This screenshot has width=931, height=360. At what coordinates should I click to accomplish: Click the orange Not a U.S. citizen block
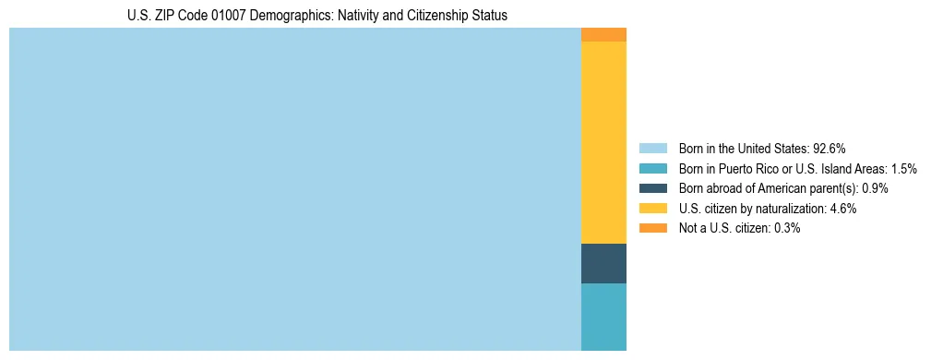click(603, 35)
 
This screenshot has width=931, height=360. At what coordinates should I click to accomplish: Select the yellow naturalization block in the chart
click(603, 142)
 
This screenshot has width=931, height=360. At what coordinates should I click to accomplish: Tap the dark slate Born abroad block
click(603, 263)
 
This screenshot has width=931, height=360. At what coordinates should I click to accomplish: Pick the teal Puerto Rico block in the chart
click(603, 317)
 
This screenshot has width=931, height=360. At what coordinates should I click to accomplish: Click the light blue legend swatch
click(653, 148)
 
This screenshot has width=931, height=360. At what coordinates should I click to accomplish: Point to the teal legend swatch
click(653, 168)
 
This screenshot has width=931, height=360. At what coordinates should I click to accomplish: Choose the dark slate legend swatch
click(653, 188)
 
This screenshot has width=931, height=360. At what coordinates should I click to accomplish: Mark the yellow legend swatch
click(653, 209)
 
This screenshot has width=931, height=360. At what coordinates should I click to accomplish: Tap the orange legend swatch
click(653, 228)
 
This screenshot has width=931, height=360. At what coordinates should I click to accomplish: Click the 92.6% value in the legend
click(830, 148)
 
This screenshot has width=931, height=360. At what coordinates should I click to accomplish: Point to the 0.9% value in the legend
click(875, 188)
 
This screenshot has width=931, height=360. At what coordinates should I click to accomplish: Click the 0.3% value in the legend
click(787, 228)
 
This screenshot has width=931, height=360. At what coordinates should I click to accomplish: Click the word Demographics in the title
click(289, 16)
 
